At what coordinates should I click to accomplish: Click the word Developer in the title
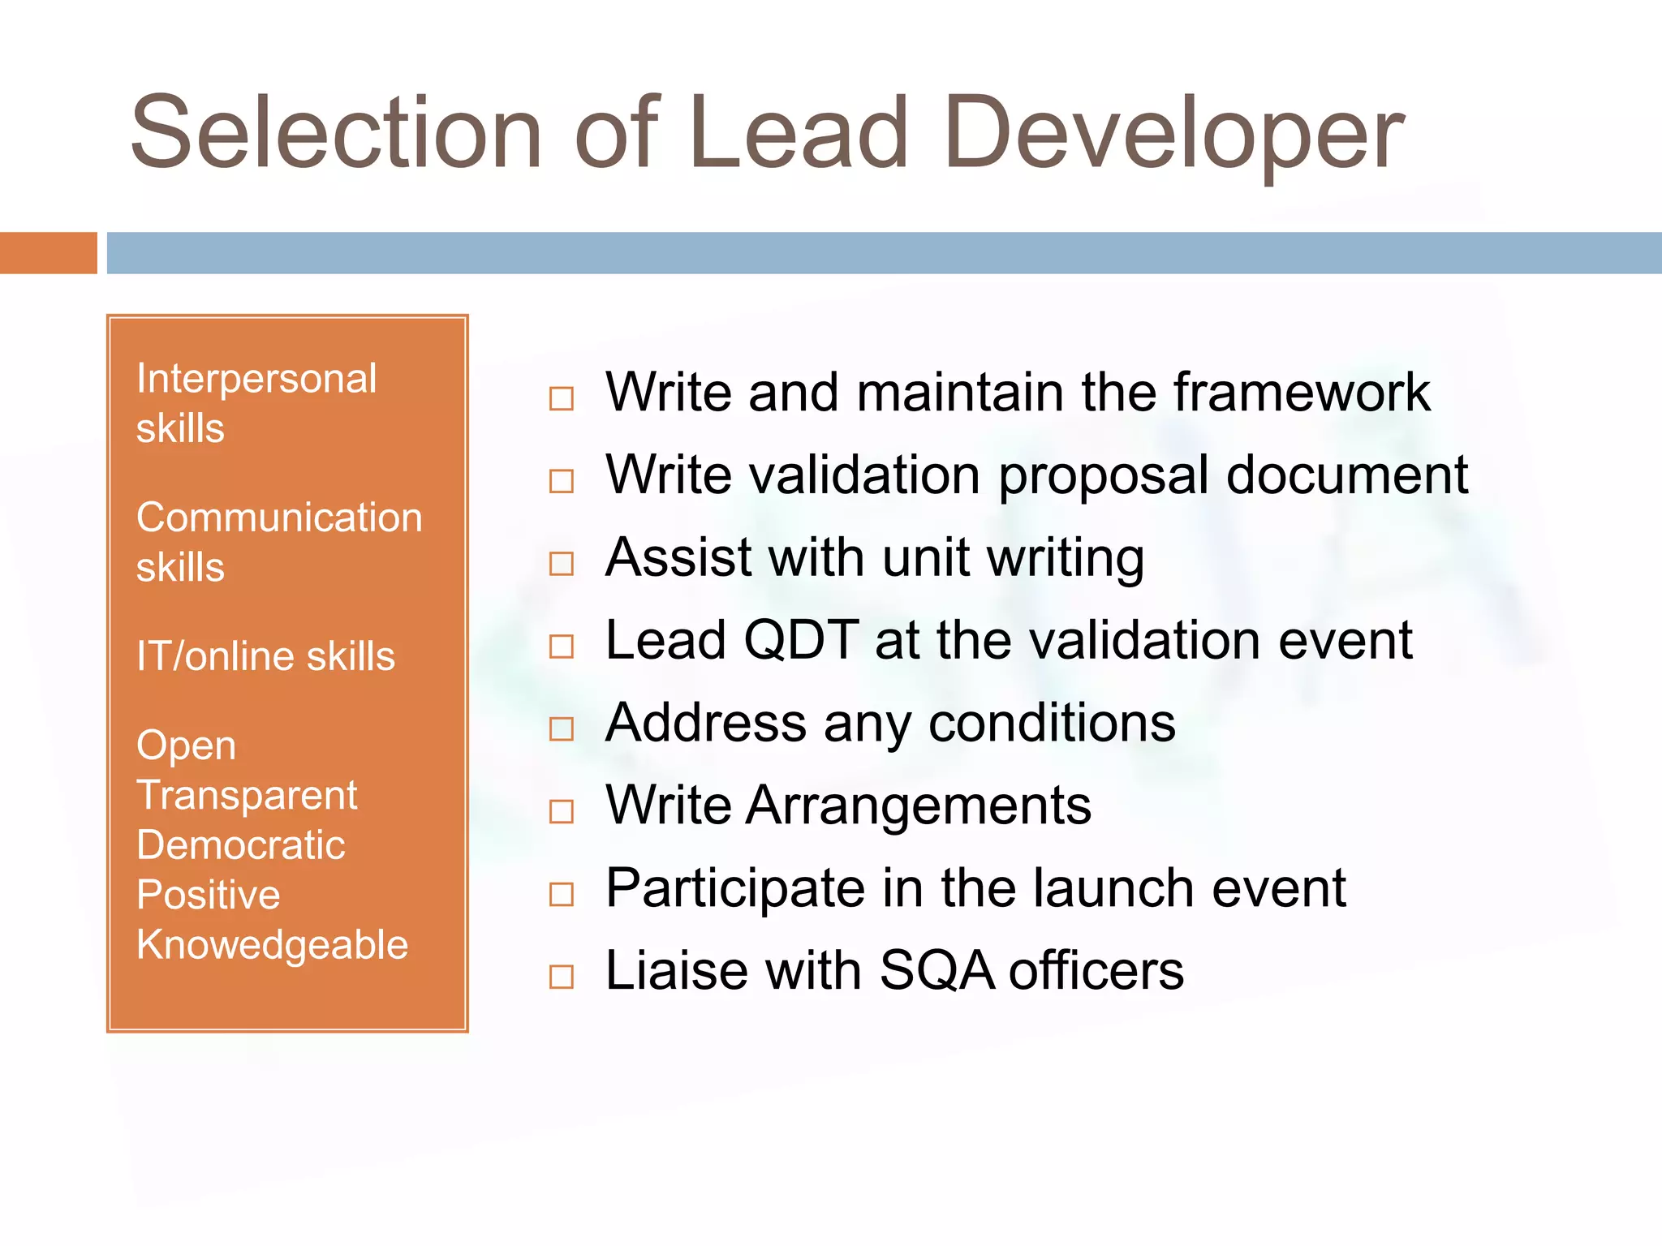pyautogui.click(x=1173, y=134)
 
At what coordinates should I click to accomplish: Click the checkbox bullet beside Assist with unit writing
pyautogui.click(x=562, y=564)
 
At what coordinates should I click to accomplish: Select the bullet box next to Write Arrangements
pyautogui.click(x=562, y=811)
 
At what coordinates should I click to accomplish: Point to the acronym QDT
pyautogui.click(x=801, y=640)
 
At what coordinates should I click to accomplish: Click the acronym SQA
pyautogui.click(x=936, y=970)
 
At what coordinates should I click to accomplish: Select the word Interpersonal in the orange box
pyautogui.click(x=256, y=379)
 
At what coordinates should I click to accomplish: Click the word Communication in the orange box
pyautogui.click(x=279, y=518)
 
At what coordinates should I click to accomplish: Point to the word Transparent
pyautogui.click(x=247, y=795)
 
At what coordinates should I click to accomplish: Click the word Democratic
pyautogui.click(x=241, y=845)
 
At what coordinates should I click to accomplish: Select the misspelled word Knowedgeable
pyautogui.click(x=272, y=945)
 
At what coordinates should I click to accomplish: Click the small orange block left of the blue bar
pyautogui.click(x=48, y=253)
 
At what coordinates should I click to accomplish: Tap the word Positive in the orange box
pyautogui.click(x=209, y=895)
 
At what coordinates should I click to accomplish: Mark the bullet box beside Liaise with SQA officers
pyautogui.click(x=562, y=977)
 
